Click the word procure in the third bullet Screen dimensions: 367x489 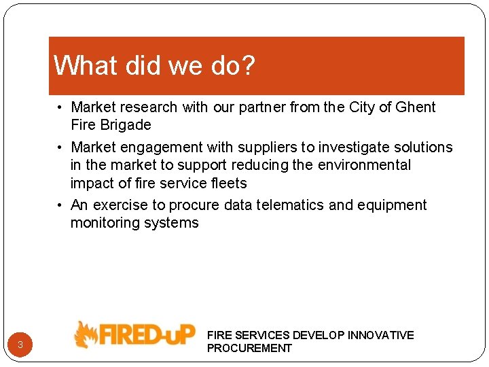(193, 205)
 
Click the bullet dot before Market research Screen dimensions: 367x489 (60, 107)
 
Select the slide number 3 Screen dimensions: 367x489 (20, 345)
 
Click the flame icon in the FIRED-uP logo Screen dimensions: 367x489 (86, 335)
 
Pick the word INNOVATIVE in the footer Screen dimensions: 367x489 (380, 335)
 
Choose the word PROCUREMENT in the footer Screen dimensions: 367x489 (249, 348)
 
